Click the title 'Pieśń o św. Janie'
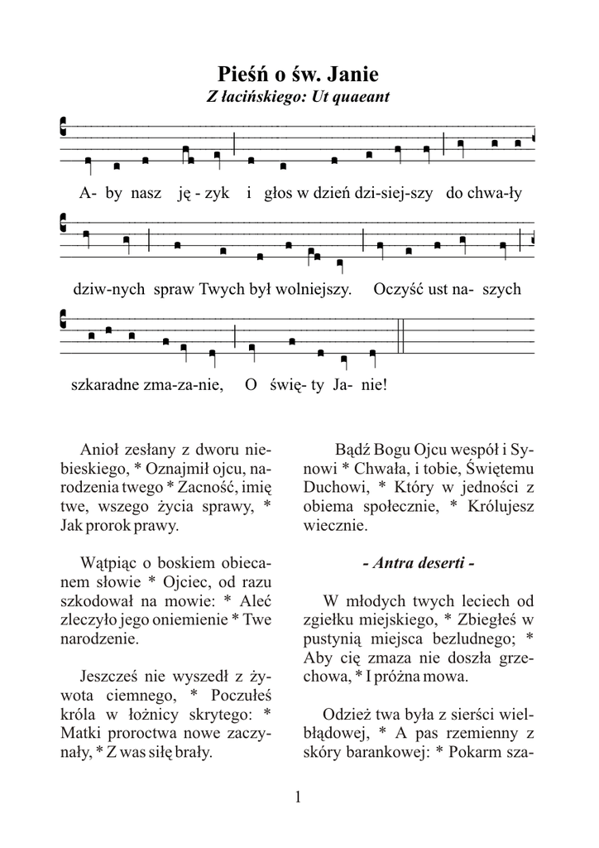(299, 74)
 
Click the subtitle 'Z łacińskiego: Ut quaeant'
(299, 97)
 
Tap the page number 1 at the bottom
(299, 797)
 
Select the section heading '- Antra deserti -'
(419, 563)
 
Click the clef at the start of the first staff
(65, 127)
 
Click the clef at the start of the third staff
(65, 320)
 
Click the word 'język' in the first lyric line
(202, 194)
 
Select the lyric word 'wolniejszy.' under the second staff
(314, 290)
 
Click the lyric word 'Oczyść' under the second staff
(398, 290)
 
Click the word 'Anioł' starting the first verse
(99, 450)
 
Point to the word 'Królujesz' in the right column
(501, 506)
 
